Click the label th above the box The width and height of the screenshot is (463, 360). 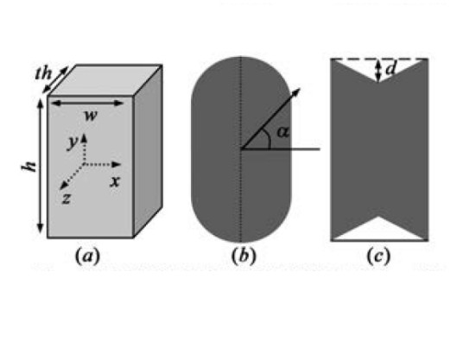tap(43, 73)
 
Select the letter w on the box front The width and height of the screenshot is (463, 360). tap(91, 116)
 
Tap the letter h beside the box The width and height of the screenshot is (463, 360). tap(29, 167)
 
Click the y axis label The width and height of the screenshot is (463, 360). tap(73, 142)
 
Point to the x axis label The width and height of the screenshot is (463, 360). tap(115, 181)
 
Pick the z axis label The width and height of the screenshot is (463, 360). tap(67, 199)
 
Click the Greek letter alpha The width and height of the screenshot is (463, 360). tap(282, 132)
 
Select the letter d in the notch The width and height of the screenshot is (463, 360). tap(390, 69)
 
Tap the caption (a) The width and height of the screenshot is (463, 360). tap(88, 256)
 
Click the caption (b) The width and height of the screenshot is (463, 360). tap(244, 256)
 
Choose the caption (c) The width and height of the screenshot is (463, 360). tap(378, 256)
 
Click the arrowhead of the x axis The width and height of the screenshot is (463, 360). tap(117, 164)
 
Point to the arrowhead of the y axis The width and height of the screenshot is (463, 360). tap(84, 138)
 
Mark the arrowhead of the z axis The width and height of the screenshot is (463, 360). tap(63, 186)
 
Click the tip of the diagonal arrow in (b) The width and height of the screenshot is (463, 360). tap(300, 88)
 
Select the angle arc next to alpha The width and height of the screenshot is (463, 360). tap(268, 138)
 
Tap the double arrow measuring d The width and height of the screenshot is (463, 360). tap(378, 70)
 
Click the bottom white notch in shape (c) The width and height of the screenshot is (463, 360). tap(379, 231)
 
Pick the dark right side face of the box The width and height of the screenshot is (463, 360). tap(148, 150)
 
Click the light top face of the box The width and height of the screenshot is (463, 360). tap(105, 80)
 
